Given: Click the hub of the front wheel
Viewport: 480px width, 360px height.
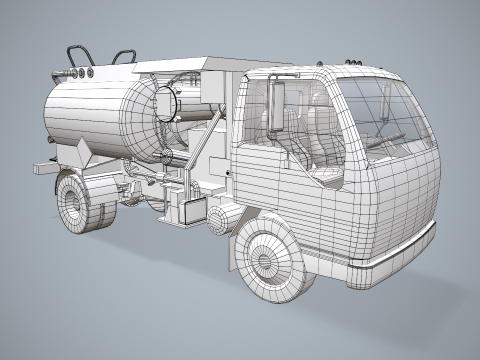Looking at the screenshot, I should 265,263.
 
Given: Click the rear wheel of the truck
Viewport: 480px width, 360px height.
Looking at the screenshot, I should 77,203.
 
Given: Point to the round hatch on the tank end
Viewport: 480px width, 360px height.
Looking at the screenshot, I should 164,105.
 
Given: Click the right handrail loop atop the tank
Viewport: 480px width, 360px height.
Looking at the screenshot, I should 124,57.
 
